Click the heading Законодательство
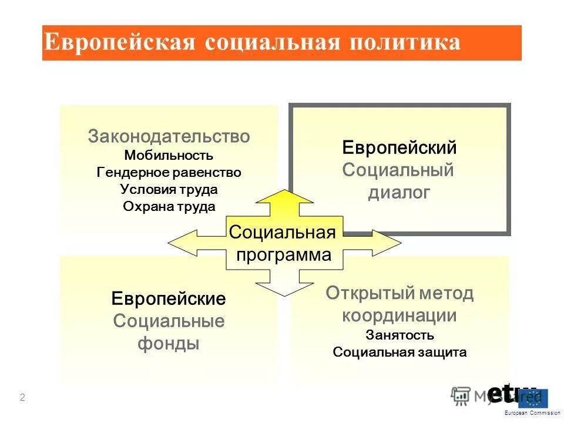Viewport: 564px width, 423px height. click(x=169, y=137)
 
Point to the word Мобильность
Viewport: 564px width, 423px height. click(x=169, y=156)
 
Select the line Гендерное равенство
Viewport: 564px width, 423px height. click(x=169, y=173)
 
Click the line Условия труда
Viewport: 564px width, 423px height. click(x=169, y=190)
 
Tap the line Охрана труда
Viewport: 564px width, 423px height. click(x=169, y=207)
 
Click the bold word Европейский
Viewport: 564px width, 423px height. click(x=399, y=148)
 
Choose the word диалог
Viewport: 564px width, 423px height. click(x=399, y=192)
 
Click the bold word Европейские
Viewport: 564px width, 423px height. click(x=169, y=298)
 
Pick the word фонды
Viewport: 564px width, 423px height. click(x=169, y=343)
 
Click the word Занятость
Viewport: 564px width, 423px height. click(x=399, y=335)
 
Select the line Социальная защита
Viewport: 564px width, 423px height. click(x=399, y=352)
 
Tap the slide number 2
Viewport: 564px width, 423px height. click(x=22, y=398)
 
